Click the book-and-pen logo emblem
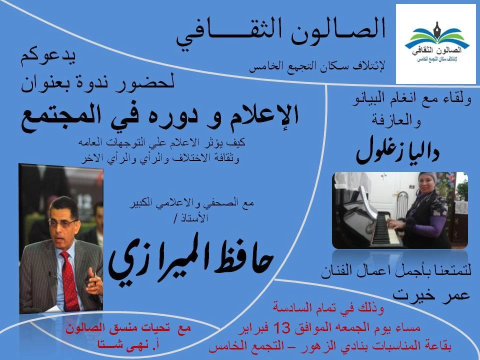[437, 35]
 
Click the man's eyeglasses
[63, 223]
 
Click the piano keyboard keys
[387, 228]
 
